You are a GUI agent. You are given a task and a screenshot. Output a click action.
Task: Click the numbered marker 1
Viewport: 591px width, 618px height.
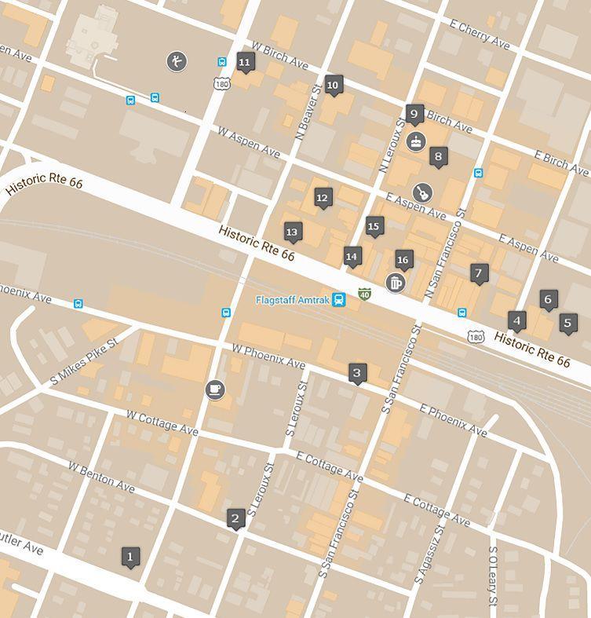pyautogui.click(x=130, y=557)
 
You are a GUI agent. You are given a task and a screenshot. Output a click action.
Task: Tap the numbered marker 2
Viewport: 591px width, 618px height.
pyautogui.click(x=235, y=518)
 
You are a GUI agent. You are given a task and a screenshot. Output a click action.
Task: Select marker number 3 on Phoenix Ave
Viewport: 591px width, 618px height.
pyautogui.click(x=357, y=373)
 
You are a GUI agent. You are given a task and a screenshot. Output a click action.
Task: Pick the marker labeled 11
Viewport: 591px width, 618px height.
pyautogui.click(x=245, y=62)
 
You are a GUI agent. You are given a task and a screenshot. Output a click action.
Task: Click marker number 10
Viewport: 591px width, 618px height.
pyautogui.click(x=333, y=85)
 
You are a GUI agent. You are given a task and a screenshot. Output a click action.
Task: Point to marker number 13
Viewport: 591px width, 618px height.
pyautogui.click(x=293, y=232)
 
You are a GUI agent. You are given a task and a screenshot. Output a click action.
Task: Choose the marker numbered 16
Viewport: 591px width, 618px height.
pyautogui.click(x=403, y=260)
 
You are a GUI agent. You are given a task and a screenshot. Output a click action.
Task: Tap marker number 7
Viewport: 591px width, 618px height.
pyautogui.click(x=479, y=273)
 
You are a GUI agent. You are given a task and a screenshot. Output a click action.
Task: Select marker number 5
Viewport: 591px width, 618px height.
pyautogui.click(x=568, y=322)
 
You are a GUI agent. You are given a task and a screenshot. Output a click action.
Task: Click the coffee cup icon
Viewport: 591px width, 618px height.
pyautogui.click(x=214, y=389)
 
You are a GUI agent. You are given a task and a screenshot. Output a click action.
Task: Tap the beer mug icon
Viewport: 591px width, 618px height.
pyautogui.click(x=396, y=283)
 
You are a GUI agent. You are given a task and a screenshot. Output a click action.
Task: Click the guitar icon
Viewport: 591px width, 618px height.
pyautogui.click(x=422, y=192)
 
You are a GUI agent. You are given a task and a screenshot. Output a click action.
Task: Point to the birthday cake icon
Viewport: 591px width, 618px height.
pyautogui.click(x=416, y=142)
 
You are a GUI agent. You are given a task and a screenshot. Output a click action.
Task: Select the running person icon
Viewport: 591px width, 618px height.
pyautogui.click(x=177, y=61)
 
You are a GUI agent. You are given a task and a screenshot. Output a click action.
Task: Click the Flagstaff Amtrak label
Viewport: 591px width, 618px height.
pyautogui.click(x=292, y=300)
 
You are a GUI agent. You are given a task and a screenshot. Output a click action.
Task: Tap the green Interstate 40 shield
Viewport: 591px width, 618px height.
pyautogui.click(x=364, y=294)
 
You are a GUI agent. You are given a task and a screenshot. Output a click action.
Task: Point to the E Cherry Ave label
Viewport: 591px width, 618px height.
pyautogui.click(x=480, y=35)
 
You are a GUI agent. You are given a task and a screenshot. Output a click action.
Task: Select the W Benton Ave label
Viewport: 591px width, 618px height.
pyautogui.click(x=101, y=477)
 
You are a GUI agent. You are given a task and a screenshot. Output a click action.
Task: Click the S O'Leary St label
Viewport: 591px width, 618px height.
pyautogui.click(x=493, y=576)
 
